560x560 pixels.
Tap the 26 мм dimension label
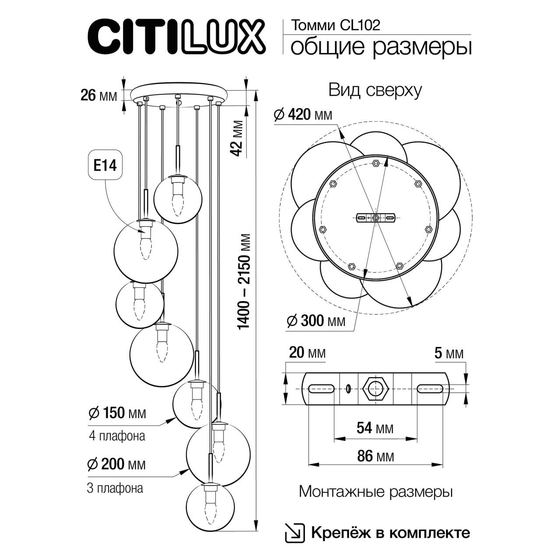pyautogui.click(x=99, y=94)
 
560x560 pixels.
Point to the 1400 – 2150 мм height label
pyautogui.click(x=245, y=282)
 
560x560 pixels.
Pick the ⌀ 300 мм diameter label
pyautogui.click(x=315, y=321)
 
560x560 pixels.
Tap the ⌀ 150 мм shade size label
pyautogui.click(x=117, y=413)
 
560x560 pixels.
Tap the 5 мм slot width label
pyautogui.click(x=449, y=353)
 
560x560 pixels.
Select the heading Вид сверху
pyautogui.click(x=375, y=91)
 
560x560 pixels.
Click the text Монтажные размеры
pyautogui.click(x=375, y=492)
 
